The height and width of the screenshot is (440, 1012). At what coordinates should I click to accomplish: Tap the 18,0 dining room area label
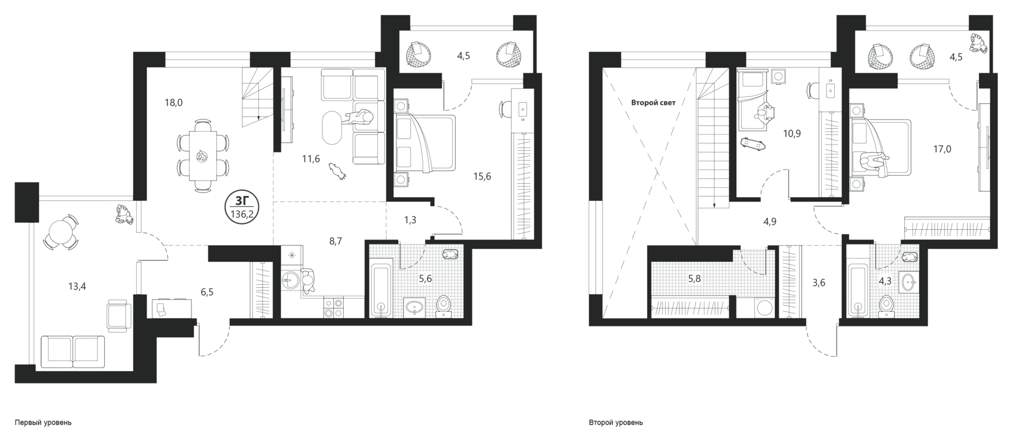(x=173, y=103)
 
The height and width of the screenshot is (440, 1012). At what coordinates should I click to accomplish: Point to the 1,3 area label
(x=410, y=220)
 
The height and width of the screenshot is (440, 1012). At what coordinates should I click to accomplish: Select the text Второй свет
(x=653, y=103)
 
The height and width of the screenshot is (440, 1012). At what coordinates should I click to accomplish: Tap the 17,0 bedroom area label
(x=942, y=149)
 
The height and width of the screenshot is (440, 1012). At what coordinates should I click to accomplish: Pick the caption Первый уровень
(x=43, y=423)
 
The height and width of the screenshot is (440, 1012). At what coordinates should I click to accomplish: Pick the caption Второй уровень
(x=616, y=423)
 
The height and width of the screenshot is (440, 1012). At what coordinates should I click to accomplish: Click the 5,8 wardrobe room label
(x=694, y=278)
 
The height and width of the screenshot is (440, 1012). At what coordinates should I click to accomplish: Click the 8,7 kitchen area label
(x=336, y=241)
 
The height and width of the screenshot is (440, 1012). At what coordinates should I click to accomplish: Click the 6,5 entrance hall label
(x=207, y=292)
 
